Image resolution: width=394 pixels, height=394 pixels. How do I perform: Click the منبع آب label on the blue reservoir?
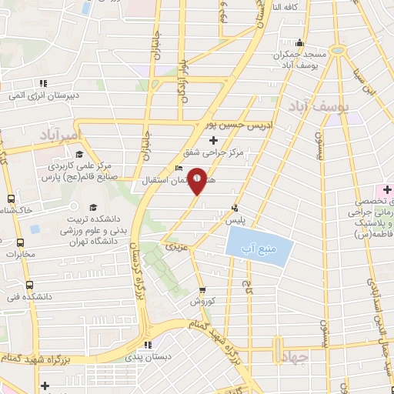tap(259, 246)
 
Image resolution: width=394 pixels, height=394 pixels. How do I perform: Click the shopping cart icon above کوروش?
tap(202, 290)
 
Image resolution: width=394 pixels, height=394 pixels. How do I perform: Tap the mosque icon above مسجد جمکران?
tap(300, 43)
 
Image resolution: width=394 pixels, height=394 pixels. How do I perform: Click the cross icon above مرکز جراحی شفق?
tap(213, 140)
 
